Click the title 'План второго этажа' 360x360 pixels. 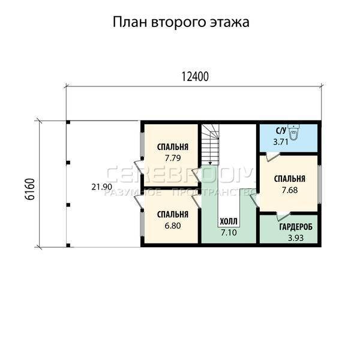point(181,22)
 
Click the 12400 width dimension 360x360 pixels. point(195,77)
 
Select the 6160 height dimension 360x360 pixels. point(29,189)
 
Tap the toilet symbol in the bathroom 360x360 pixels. point(293,132)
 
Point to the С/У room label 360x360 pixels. point(281,131)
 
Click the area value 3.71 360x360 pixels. point(281,142)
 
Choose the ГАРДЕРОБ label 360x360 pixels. point(296,227)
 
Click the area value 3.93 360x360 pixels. point(296,238)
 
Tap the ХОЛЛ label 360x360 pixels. point(229,221)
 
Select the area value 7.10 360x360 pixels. point(229,232)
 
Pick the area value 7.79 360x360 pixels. point(173,158)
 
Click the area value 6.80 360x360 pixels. point(173,226)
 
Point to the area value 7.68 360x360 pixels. point(290,190)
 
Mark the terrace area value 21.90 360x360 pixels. point(102,187)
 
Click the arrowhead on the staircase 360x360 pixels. point(210,163)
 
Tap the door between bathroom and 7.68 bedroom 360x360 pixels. point(272,157)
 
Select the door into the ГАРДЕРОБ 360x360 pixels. point(283,217)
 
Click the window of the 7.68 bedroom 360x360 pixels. point(319,184)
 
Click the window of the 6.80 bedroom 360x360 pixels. point(142,224)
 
